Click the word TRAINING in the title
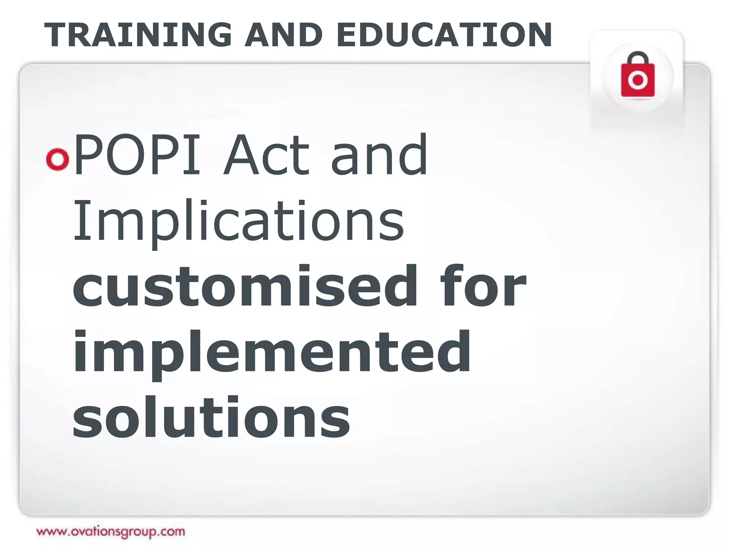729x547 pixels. click(138, 35)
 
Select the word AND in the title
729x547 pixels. click(283, 35)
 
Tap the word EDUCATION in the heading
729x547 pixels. click(444, 35)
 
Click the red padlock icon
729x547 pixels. click(638, 77)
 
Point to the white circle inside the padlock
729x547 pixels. click(638, 80)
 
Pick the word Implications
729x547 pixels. click(238, 222)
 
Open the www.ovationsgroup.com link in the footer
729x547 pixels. click(111, 532)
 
